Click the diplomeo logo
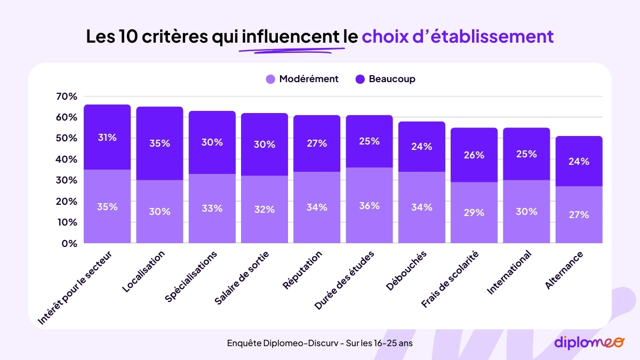[x=588, y=342]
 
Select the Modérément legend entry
[x=302, y=79]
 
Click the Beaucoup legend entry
[x=385, y=79]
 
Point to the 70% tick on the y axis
[x=66, y=97]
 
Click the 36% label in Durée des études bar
[x=369, y=205]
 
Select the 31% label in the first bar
[x=107, y=137]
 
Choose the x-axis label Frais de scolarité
[x=450, y=279]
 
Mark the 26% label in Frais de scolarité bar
[x=474, y=155]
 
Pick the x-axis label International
[x=509, y=272]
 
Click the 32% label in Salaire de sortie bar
[x=264, y=210]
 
